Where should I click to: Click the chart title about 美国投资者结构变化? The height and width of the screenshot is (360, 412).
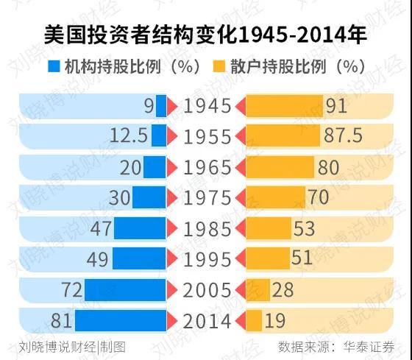206,35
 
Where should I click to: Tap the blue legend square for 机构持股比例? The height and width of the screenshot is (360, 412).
54,67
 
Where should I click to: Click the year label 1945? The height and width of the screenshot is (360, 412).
207,107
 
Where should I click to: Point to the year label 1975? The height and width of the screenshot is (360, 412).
207,198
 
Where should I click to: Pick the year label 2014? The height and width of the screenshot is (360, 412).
207,321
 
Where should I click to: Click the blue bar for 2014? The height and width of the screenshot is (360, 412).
121,321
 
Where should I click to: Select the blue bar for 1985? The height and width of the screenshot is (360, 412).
140,229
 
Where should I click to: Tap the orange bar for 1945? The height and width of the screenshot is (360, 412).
283,107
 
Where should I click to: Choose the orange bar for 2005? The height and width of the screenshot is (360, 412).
257,290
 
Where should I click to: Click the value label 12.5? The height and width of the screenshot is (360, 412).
128,137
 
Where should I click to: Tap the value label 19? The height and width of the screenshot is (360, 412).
275,321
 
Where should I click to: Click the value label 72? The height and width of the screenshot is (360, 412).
71,290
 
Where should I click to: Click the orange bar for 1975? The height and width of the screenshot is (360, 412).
274,198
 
